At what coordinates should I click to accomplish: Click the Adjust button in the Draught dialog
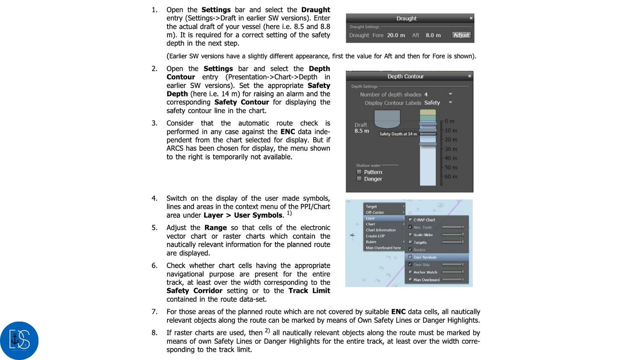coord(461,35)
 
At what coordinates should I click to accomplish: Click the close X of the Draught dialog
coord(471,18)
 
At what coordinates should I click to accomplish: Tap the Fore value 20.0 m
coord(396,35)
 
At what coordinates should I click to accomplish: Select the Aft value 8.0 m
coord(433,35)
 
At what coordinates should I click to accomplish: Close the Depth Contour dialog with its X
coord(469,76)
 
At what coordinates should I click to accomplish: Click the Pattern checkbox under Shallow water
coord(359,172)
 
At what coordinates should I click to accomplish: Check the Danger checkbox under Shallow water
coord(359,179)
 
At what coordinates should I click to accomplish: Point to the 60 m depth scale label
coord(451,176)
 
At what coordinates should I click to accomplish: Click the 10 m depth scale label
coord(451,130)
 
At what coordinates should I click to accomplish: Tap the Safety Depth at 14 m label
coord(398,134)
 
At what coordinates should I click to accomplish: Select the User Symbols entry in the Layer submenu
coord(425,257)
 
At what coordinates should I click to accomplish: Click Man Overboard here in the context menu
coord(383,248)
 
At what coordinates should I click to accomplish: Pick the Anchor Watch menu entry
coord(425,272)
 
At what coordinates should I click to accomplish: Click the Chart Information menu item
coord(381,230)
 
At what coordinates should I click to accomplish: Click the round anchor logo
coord(19,340)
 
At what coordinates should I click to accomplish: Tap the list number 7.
coord(154,312)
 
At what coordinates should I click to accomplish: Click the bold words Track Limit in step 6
coord(309,290)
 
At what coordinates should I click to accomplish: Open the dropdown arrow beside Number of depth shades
coord(450,94)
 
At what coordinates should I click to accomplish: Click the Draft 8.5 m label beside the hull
coord(362,128)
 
